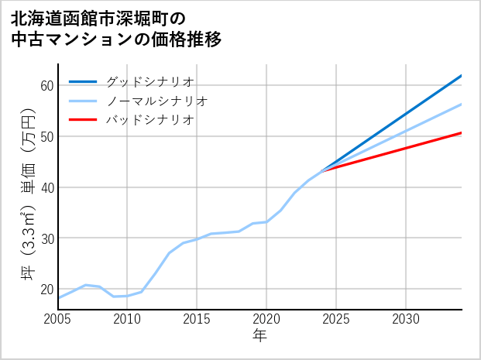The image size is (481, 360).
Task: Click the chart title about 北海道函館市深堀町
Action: [x=116, y=28]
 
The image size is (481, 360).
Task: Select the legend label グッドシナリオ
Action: [x=149, y=81]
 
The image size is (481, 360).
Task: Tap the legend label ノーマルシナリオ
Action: [x=156, y=101]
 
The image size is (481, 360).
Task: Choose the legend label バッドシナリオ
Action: [x=149, y=120]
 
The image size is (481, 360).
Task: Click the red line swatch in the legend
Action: [x=84, y=120]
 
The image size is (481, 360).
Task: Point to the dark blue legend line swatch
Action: [x=84, y=81]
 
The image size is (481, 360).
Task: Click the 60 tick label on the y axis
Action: [x=46, y=85]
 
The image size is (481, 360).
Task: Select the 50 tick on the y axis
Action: [x=46, y=136]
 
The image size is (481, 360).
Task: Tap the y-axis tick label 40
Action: [x=46, y=187]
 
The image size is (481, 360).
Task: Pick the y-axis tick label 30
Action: [x=46, y=238]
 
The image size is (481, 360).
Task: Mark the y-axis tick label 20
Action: [x=46, y=290]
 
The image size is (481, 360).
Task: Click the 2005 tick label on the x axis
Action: [x=58, y=319]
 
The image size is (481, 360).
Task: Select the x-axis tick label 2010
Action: [x=128, y=319]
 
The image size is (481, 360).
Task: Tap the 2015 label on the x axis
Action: [x=198, y=319]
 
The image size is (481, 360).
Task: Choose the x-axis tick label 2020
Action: [x=266, y=319]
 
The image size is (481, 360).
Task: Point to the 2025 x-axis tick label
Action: [x=336, y=319]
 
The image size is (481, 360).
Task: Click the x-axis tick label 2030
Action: [x=406, y=319]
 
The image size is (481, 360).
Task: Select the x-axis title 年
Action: [x=260, y=335]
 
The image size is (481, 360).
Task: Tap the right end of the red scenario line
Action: [x=461, y=133]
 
